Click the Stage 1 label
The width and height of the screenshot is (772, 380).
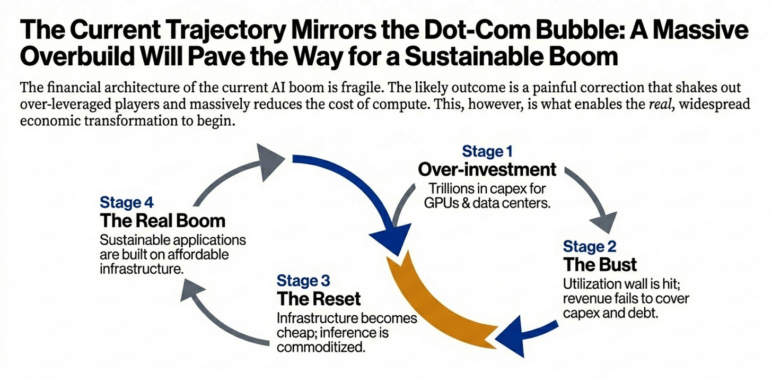coord(487,151)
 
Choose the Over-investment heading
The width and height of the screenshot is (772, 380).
coord(487,169)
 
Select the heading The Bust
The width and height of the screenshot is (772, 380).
coord(600,264)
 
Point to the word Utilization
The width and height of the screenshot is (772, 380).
coord(589,283)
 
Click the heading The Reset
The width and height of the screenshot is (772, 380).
coord(319,298)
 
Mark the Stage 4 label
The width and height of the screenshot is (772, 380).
coord(127,202)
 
